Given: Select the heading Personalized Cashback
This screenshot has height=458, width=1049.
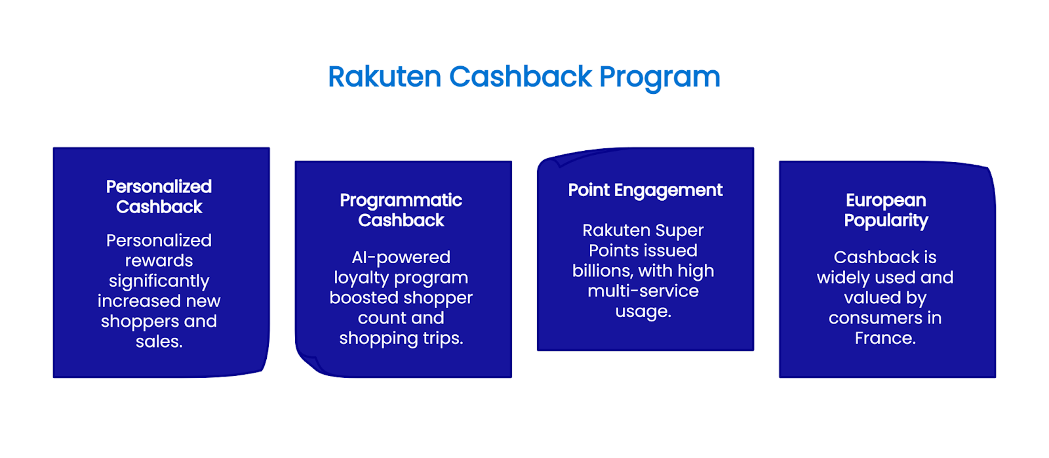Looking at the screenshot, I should (159, 196).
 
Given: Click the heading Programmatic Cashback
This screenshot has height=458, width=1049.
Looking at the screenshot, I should (401, 210).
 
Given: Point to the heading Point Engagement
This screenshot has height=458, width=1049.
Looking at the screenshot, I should (645, 190).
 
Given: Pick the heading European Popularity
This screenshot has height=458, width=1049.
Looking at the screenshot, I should (886, 210).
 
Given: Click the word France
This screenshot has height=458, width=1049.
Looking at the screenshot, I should (884, 338).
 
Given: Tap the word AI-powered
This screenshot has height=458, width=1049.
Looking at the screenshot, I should (401, 257).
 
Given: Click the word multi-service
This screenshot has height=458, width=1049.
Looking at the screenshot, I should (643, 291).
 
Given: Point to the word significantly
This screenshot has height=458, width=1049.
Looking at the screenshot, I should (159, 281).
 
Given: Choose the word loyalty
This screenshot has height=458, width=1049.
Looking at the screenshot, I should (359, 278).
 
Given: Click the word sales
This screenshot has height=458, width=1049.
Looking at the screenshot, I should (159, 342).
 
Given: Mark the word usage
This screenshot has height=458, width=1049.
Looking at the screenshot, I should (643, 311).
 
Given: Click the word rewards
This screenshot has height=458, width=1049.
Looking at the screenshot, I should (159, 261).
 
